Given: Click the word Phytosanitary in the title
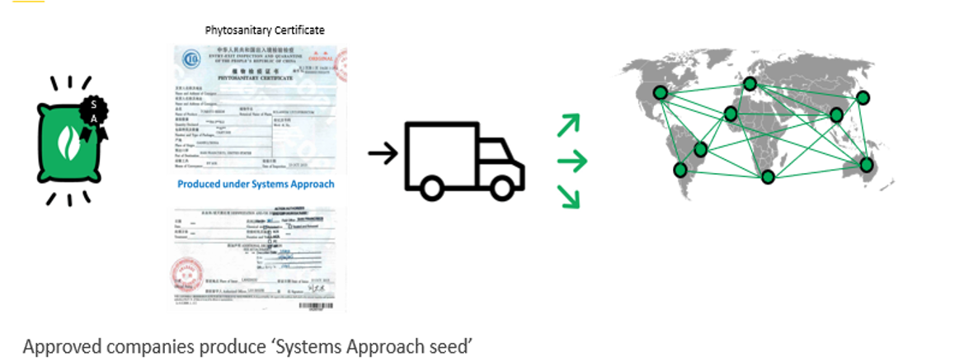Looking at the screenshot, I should [235, 30].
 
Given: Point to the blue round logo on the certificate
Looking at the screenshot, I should [191, 62].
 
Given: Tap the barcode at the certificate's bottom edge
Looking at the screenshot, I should [322, 305].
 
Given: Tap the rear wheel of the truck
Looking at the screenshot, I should [430, 187].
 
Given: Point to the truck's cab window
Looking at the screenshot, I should [497, 154].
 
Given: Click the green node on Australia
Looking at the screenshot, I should [866, 165].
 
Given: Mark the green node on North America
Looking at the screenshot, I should [660, 93].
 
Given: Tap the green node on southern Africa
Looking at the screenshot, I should [769, 176].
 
